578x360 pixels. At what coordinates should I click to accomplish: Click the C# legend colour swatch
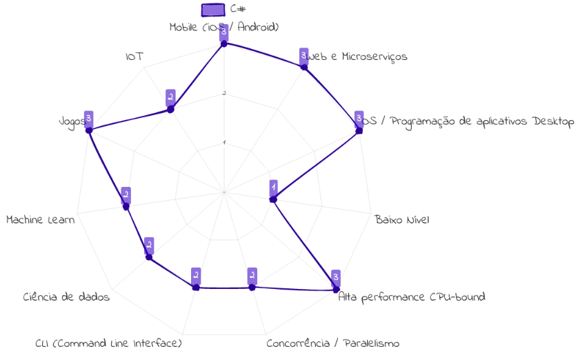pos(213,9)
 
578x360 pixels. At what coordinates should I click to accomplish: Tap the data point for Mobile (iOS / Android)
pos(223,43)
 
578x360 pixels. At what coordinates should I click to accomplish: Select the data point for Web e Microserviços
pos(303,66)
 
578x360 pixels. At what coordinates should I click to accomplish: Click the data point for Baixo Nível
pos(273,200)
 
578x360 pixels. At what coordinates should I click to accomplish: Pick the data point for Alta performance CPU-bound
pos(335,289)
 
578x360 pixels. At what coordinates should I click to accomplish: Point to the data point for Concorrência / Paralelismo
pos(252,287)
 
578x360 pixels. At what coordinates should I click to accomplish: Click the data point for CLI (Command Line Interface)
pos(196,288)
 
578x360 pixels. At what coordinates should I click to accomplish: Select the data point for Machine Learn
pos(126,206)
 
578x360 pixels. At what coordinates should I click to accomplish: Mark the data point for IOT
pos(170,109)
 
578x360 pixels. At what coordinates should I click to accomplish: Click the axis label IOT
pos(134,56)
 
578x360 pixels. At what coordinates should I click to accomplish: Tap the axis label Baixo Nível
pos(402,220)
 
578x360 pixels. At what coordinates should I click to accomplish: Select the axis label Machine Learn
pos(41,220)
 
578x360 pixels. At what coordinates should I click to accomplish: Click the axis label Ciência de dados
pos(66,297)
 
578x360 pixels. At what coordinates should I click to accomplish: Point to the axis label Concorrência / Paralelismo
pos(332,343)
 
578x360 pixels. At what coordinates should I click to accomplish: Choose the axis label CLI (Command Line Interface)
pos(108,343)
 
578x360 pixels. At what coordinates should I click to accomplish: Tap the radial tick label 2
pos(223,94)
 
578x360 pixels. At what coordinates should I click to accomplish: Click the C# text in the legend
pos(238,9)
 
